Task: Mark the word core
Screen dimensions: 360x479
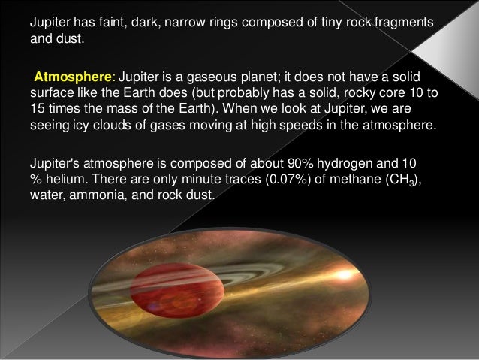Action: click(x=400, y=95)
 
